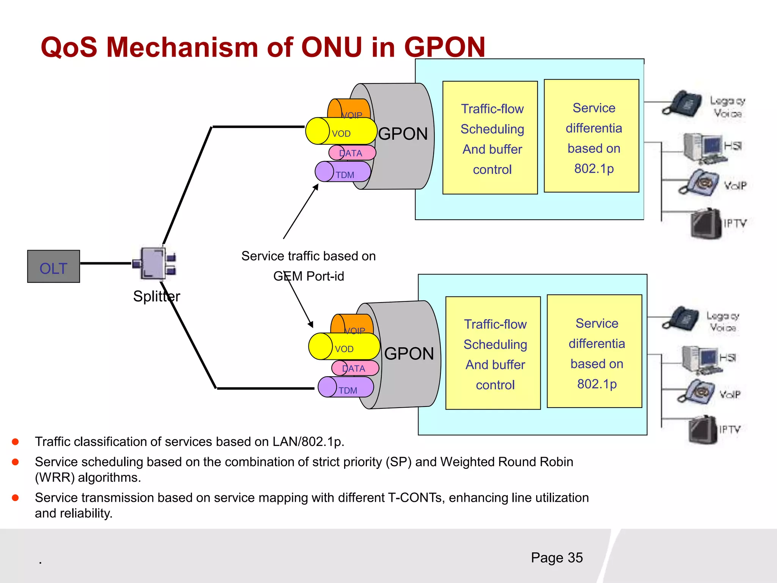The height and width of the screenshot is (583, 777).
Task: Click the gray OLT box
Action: [53, 266]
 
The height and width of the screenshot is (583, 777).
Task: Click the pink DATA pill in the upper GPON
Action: [352, 153]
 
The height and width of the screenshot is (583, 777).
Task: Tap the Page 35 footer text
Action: [557, 558]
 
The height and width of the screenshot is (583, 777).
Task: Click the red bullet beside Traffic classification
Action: [16, 441]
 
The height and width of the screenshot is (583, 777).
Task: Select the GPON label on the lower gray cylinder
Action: [409, 354]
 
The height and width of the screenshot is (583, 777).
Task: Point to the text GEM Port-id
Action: [308, 276]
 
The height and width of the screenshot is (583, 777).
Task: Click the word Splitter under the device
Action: [156, 296]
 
